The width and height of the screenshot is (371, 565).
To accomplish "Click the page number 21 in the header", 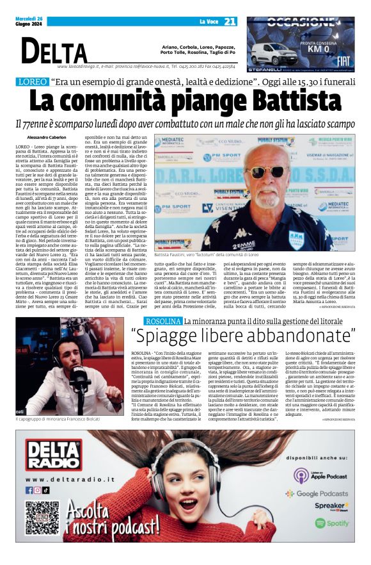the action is [x=230, y=22].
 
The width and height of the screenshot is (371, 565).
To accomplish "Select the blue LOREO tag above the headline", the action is [x=31, y=82].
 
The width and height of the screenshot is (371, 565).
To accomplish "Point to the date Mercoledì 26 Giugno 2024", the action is [x=30, y=22].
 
